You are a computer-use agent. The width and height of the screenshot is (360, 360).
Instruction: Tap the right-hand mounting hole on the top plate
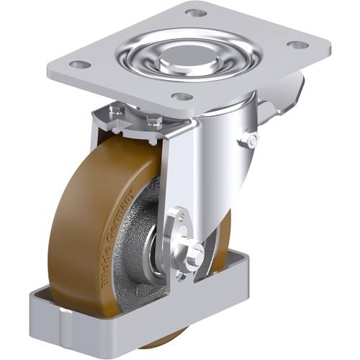(x=297, y=45)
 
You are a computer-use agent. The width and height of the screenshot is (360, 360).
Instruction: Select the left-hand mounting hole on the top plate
(x=80, y=64)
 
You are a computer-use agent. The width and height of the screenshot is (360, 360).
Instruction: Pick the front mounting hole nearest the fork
(x=183, y=96)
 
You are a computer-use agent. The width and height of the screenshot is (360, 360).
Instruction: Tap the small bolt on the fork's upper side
(x=250, y=139)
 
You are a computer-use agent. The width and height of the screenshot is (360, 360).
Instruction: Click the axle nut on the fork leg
(x=196, y=251)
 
